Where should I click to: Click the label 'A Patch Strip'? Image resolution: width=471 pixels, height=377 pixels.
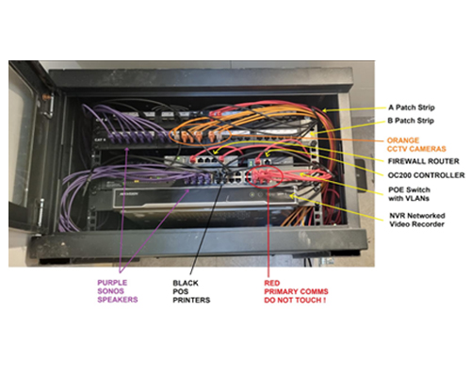tap(412, 107)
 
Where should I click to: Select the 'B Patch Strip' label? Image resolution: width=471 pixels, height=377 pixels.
tap(411, 121)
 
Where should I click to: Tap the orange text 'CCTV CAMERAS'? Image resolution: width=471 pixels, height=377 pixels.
tap(416, 149)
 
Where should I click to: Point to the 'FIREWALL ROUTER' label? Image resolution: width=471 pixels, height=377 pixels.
tap(424, 161)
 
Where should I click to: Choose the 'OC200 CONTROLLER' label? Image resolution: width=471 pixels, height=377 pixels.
tap(426, 175)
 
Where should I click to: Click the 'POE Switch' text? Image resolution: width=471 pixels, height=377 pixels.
tap(409, 189)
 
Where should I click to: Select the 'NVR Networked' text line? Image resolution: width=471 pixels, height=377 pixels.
tap(417, 216)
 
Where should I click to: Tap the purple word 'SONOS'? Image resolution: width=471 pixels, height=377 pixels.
tap(110, 291)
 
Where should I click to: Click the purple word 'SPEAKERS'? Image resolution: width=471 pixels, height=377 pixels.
tap(118, 300)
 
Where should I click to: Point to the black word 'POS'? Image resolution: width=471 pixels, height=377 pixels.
tap(181, 291)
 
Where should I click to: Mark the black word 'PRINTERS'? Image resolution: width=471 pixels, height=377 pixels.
tap(191, 301)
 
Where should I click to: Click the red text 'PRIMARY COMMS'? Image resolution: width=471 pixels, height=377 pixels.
tap(296, 291)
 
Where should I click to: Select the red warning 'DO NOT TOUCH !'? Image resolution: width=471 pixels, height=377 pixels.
tap(295, 301)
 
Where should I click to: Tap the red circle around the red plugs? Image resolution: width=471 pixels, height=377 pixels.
tap(247, 176)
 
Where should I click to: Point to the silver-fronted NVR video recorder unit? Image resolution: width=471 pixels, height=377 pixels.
tap(204, 198)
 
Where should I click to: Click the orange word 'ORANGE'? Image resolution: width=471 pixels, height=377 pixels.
tap(403, 140)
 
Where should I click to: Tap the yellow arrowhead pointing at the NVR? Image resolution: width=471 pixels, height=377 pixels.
tap(293, 197)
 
